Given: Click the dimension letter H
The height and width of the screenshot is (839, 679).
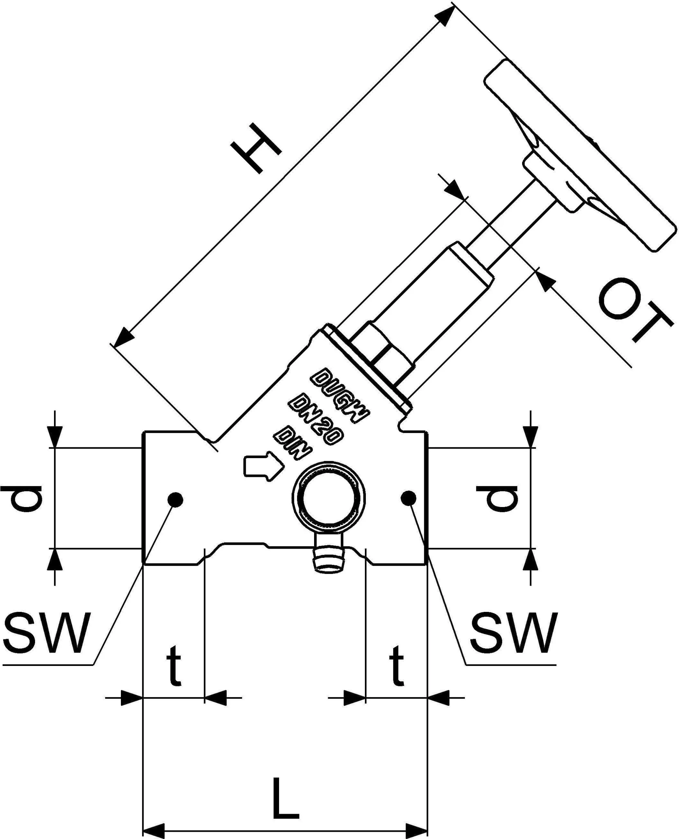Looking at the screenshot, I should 256,148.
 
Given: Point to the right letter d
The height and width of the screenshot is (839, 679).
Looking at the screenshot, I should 497,498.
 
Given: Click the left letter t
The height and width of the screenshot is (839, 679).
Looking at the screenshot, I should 174,665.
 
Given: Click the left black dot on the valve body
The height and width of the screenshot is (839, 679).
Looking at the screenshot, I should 175,499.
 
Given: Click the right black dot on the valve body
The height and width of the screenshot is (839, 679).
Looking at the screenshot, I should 409,498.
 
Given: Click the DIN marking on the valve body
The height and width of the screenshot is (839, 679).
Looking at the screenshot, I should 293,444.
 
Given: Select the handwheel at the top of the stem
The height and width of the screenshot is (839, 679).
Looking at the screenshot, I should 579,153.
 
